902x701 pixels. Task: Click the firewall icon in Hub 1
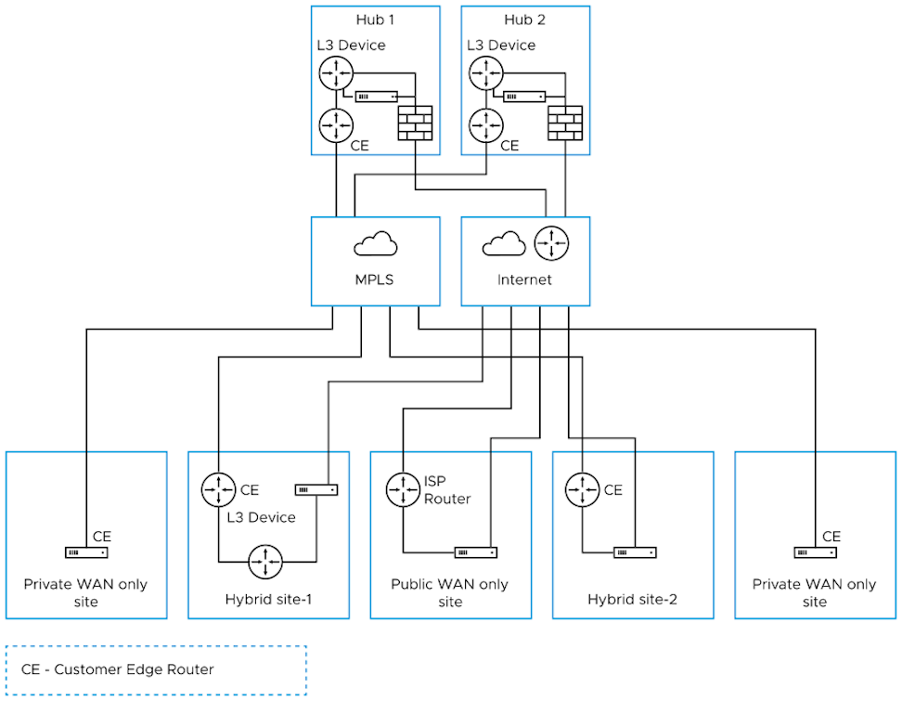[415, 123]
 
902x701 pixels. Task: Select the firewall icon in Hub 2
[565, 123]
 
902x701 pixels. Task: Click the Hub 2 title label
[525, 19]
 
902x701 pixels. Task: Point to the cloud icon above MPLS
[376, 244]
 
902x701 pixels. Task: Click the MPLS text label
[376, 279]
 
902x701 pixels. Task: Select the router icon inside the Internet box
[550, 243]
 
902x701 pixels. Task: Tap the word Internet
[524, 279]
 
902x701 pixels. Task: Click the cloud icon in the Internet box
[503, 244]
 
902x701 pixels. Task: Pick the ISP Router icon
[403, 489]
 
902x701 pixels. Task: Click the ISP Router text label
[447, 490]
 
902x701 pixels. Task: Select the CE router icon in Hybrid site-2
[582, 489]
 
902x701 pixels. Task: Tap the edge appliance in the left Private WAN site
[86, 552]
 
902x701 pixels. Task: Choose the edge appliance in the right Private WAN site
[815, 552]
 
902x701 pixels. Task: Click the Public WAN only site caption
[449, 592]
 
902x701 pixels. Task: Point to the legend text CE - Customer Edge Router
[117, 669]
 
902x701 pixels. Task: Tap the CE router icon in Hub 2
[485, 123]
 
